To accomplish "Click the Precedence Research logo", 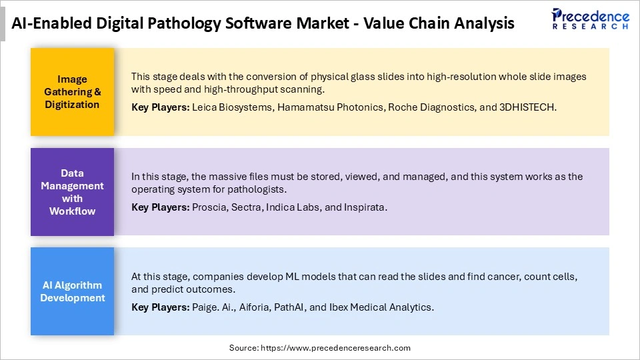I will (590, 19).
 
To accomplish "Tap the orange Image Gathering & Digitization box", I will (72, 92).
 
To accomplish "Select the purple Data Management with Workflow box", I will (72, 192).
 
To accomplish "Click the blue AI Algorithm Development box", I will (72, 291).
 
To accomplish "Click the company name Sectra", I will (246, 207).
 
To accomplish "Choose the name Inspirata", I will (365, 207).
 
